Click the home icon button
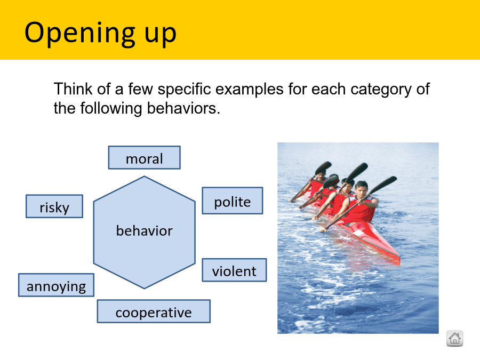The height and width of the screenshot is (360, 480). pyautogui.click(x=454, y=338)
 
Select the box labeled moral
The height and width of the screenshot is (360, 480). pyautogui.click(x=144, y=158)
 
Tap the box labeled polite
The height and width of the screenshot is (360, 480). pyautogui.click(x=233, y=201)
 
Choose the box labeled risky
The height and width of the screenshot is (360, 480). pyautogui.click(x=54, y=206)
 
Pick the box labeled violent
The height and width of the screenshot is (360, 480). pyautogui.click(x=234, y=270)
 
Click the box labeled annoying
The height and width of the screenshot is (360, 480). pyautogui.click(x=57, y=285)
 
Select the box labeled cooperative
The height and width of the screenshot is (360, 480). pyautogui.click(x=154, y=311)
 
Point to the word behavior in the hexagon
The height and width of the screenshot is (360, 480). pyautogui.click(x=144, y=231)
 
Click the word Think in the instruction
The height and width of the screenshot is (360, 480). pyautogui.click(x=73, y=89)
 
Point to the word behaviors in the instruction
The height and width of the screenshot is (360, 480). pyautogui.click(x=183, y=108)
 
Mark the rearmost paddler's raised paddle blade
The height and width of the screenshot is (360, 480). pyautogui.click(x=323, y=167)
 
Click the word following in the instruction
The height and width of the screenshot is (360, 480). pyautogui.click(x=111, y=109)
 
